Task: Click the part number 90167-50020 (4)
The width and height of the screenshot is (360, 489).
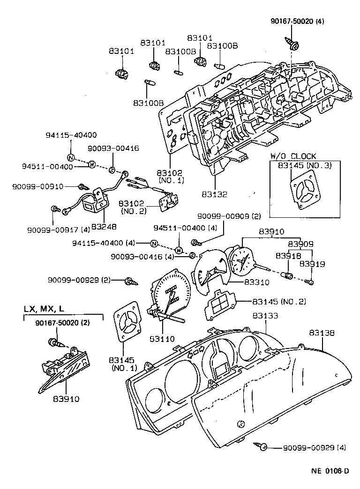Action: click(x=297, y=21)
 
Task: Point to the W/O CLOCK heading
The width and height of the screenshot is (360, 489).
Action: click(x=293, y=156)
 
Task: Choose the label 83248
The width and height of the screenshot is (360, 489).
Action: click(x=104, y=227)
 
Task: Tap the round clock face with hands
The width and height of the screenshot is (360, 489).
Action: click(x=241, y=260)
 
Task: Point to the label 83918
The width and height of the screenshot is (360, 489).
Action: click(x=285, y=256)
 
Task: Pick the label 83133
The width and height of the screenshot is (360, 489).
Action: click(x=265, y=316)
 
